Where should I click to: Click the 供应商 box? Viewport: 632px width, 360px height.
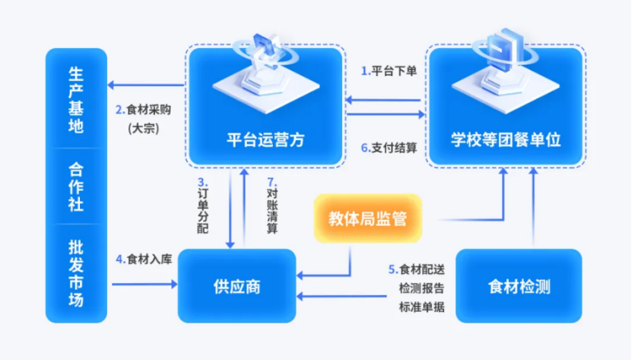coord(237,285)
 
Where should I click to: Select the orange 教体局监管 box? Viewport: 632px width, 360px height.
coord(368,218)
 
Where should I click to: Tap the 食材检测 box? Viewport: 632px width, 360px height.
coord(519,285)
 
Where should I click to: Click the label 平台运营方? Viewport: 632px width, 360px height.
coord(265,139)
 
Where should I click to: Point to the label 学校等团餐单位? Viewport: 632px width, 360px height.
coord(506,139)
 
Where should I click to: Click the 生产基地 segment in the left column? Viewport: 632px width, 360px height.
coord(76,98)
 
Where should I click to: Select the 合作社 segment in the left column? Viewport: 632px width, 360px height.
coord(76,186)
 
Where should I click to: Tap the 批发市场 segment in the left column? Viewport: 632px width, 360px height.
coord(76,273)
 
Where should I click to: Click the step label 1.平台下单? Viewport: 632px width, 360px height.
coord(389,71)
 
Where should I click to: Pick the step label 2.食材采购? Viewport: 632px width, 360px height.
coord(144,110)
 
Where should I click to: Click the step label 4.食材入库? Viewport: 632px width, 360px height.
coord(144,259)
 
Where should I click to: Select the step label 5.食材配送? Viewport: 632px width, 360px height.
coord(416,269)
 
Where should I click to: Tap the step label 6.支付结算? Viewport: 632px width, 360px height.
coord(389,148)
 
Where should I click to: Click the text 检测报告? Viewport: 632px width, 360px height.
coord(421,288)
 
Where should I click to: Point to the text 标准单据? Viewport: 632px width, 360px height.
coord(421,307)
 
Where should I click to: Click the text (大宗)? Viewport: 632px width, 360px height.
coord(144,129)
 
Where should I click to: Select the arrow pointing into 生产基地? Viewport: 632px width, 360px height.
coord(146,84)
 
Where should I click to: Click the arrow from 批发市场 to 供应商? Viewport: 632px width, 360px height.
coord(145,284)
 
